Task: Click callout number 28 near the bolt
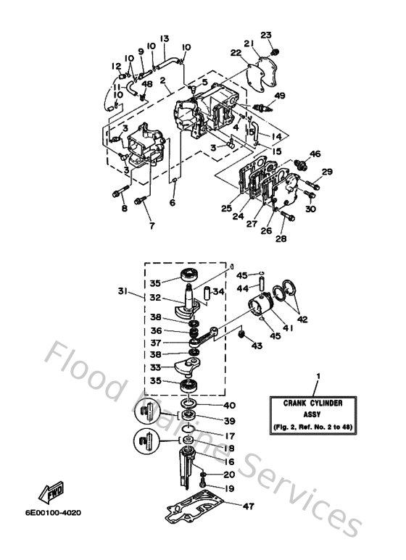pos(281,238)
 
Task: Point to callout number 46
pos(315,154)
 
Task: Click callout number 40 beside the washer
pos(231,405)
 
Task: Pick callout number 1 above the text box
pos(317,376)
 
